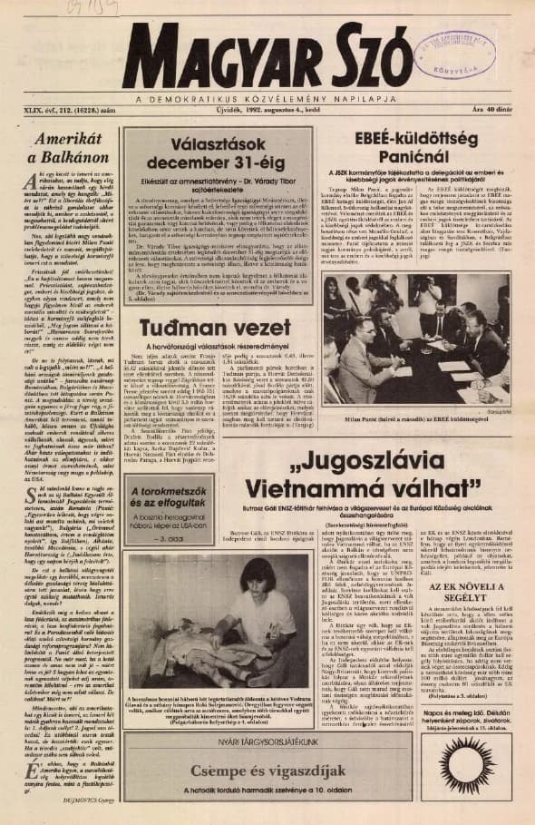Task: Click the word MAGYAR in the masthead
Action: (213, 57)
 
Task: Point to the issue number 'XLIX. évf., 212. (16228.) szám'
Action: (53, 110)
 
